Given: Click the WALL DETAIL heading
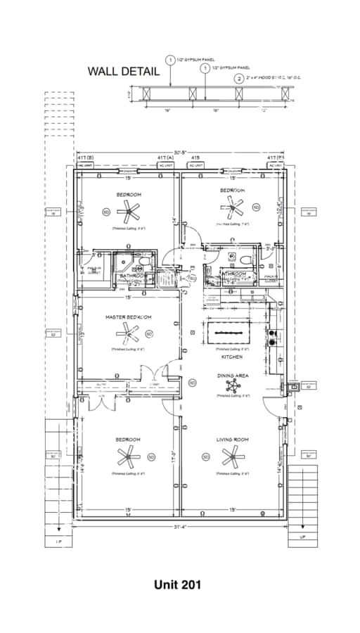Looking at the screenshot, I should tap(120, 71).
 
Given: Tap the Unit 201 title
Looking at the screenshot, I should tap(178, 584).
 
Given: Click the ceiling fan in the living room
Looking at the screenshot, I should tap(232, 458).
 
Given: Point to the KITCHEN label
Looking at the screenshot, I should tap(232, 357).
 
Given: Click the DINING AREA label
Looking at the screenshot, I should tap(232, 376).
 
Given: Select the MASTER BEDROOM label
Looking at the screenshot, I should tap(129, 317).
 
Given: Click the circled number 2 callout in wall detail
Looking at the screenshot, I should tap(239, 79).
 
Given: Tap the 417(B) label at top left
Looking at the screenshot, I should tap(85, 158).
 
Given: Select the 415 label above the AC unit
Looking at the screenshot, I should tap(196, 158).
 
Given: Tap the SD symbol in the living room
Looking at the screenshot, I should tap(206, 456).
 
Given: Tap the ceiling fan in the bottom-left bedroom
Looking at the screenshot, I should tap(129, 458).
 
